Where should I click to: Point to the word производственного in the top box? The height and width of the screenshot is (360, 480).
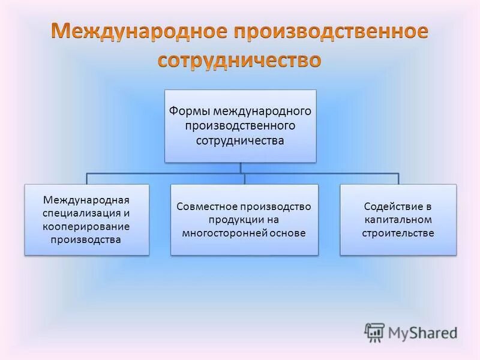[240, 126]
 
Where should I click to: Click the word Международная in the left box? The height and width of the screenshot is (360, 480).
[86, 199]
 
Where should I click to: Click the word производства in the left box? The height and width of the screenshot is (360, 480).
[86, 240]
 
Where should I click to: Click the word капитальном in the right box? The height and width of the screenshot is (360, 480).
[398, 220]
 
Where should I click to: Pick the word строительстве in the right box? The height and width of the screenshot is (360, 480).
[398, 233]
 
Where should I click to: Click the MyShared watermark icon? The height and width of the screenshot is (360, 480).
[374, 332]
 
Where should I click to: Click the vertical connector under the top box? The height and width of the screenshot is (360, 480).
[241, 168]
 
